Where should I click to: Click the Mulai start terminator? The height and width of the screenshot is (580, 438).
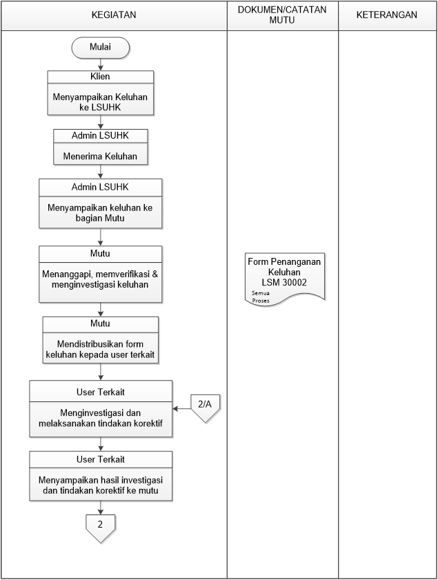point(100,48)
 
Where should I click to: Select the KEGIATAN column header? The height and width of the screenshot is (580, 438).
point(114,14)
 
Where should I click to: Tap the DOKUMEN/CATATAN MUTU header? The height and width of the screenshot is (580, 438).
point(282,14)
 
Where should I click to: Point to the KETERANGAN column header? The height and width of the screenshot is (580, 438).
point(386,14)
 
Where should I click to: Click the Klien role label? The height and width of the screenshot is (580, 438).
point(100,77)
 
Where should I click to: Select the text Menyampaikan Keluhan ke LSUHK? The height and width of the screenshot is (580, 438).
point(100,102)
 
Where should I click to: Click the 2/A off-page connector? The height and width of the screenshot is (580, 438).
point(206,408)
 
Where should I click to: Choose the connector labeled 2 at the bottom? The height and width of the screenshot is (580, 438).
point(100,528)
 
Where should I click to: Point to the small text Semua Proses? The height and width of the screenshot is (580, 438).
point(261,297)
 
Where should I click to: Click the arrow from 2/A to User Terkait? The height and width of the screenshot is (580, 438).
point(181,409)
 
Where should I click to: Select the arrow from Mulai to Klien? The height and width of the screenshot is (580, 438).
point(100,65)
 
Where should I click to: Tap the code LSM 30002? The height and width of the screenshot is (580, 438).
point(284,283)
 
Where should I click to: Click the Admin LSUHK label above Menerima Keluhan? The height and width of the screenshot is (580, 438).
point(100,136)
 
